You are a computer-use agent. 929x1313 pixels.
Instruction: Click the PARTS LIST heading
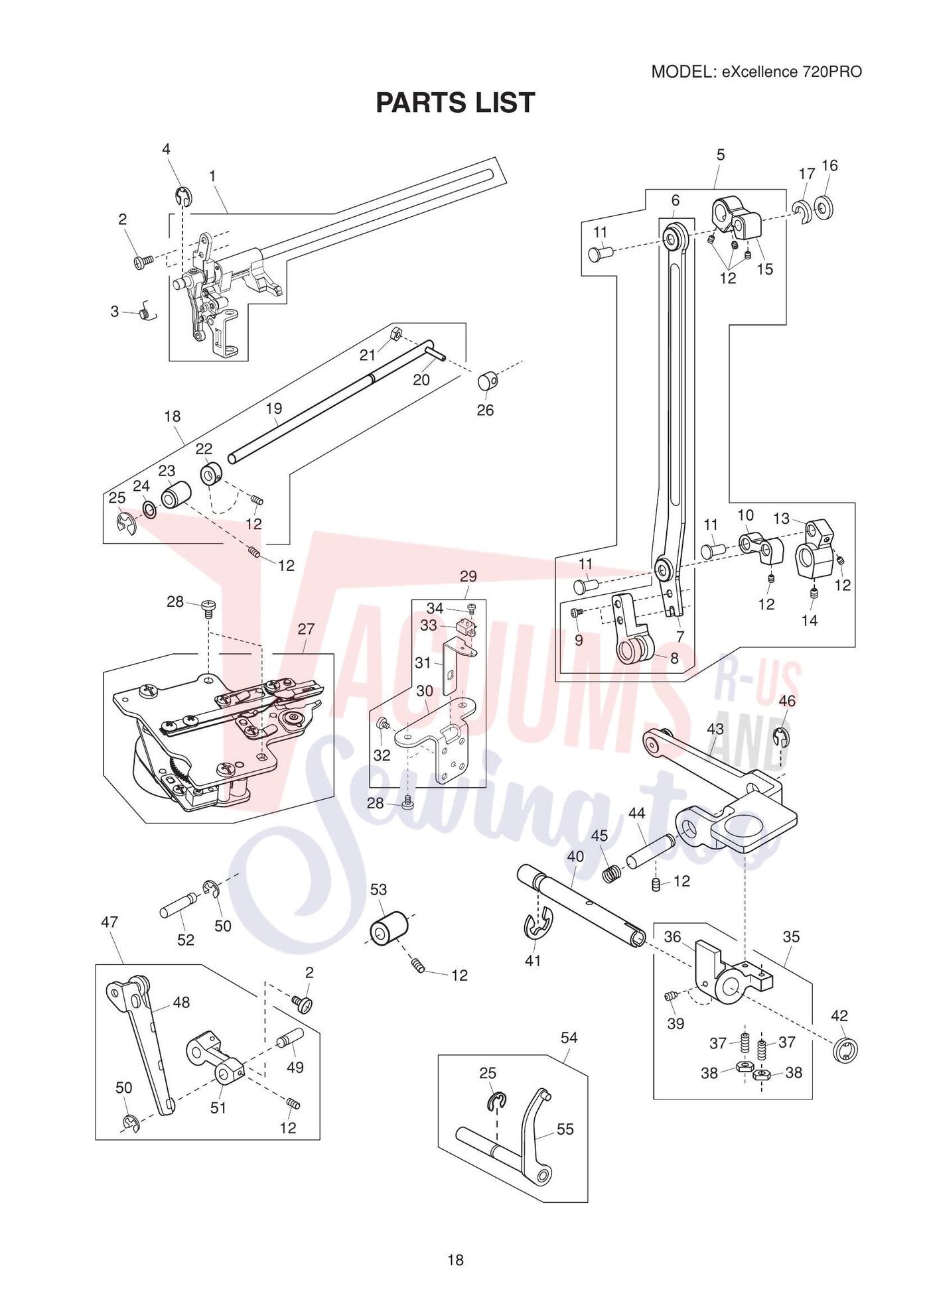tap(455, 103)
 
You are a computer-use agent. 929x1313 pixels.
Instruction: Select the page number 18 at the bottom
tap(455, 1260)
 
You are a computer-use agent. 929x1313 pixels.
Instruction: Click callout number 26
tap(485, 410)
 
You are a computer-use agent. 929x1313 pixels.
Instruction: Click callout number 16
tap(829, 165)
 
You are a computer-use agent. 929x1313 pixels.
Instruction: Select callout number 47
tap(109, 922)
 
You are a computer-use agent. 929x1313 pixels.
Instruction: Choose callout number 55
tap(565, 1129)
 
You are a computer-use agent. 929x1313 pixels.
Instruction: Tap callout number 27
tap(306, 628)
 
